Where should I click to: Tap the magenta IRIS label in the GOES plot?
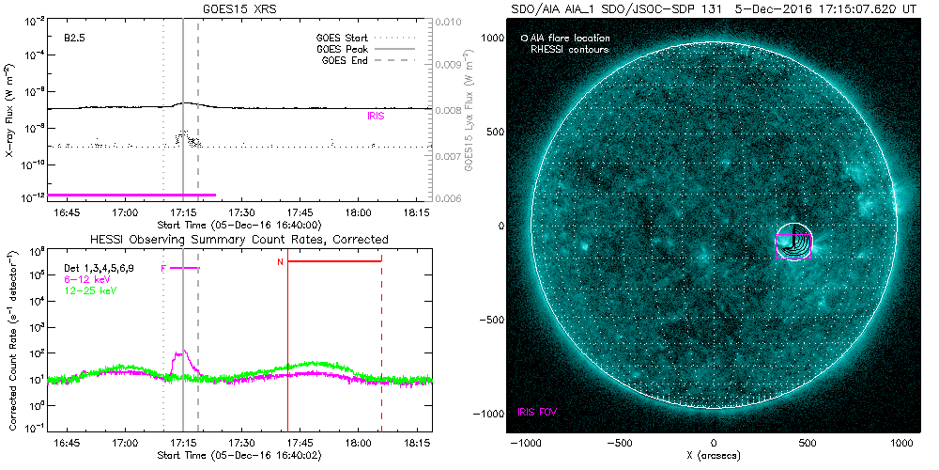[375, 116]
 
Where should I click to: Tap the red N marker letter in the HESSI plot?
[280, 261]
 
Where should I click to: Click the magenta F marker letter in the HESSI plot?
[164, 269]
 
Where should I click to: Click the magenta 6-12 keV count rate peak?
[182, 352]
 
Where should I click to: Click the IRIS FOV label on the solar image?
[537, 412]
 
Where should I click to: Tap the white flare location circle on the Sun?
[793, 242]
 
